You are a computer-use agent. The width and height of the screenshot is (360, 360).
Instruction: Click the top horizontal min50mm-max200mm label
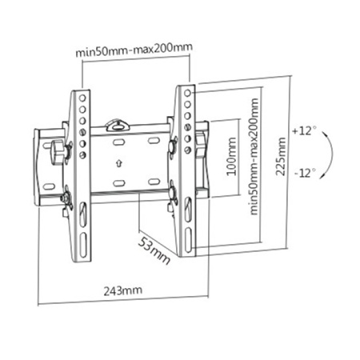[134, 52]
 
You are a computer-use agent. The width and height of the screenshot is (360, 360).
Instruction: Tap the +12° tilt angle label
[304, 130]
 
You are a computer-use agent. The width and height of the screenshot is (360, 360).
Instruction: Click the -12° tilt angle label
[304, 172]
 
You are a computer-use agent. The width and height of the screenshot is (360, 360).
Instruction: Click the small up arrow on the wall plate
[118, 166]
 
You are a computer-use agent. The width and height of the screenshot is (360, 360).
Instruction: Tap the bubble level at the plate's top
[118, 124]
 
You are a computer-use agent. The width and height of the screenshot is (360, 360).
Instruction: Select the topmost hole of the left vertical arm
[83, 95]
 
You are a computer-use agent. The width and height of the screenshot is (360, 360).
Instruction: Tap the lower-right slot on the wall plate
[150, 181]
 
